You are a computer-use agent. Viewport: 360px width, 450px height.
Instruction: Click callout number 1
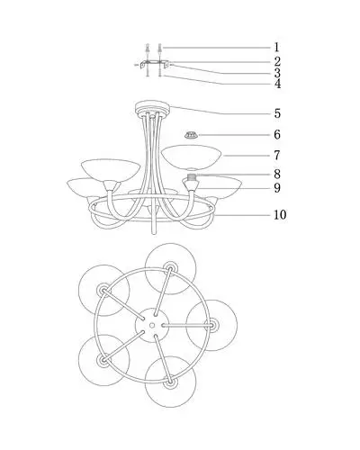pos(276,48)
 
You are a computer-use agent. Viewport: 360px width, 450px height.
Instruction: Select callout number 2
pos(277,61)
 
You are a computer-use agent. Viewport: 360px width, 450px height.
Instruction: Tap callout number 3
pos(277,73)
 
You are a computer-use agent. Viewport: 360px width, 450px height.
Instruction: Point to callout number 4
pos(277,84)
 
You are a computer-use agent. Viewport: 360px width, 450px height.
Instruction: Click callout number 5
pos(277,113)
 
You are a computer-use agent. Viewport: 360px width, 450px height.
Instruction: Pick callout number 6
pos(277,134)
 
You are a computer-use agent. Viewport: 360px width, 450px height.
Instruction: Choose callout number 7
pos(277,155)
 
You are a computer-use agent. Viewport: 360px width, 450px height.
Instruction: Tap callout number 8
pos(277,174)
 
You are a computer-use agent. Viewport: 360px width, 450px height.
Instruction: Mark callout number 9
pos(277,188)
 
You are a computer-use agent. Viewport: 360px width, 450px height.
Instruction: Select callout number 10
pos(280,215)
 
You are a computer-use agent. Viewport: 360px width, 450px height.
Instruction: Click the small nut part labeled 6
pos(191,135)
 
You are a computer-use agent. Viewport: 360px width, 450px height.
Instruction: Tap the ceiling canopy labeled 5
pos(153,107)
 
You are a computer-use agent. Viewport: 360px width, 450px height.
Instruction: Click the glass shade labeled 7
pos(191,157)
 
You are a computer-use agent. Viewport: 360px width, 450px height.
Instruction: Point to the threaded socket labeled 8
pos(191,176)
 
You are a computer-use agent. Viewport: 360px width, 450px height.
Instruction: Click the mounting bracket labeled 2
pos(155,64)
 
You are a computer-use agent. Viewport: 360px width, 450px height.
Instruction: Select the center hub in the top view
pos(152,325)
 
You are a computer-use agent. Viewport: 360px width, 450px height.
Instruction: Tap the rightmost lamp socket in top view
pos(212,325)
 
